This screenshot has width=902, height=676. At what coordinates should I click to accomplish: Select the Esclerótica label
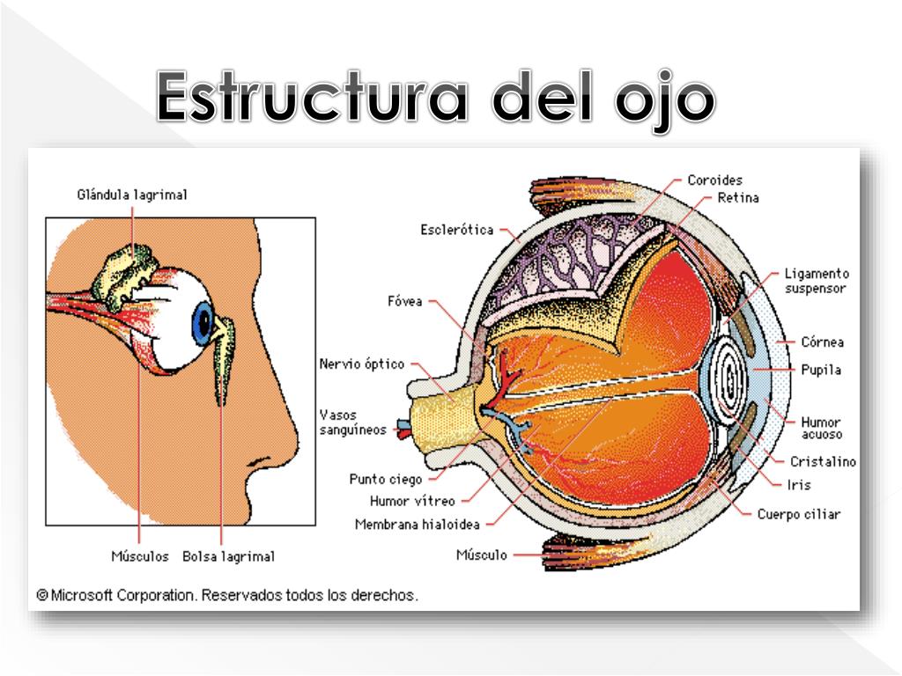coord(456,231)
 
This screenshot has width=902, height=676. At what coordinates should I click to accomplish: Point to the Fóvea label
coord(405,301)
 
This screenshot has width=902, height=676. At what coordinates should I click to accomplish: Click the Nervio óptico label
coord(362,364)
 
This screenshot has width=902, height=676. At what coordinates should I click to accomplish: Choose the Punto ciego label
coord(385,480)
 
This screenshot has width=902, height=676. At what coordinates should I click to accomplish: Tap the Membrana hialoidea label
coord(417,525)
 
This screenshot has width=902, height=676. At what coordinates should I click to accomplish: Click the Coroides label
coord(715,180)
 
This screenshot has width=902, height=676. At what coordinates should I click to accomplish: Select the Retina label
coord(738,198)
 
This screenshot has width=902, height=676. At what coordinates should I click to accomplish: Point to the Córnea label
coord(823,342)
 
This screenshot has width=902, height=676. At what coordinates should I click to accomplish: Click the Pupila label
coord(821,370)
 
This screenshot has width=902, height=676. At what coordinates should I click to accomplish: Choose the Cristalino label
coord(823,461)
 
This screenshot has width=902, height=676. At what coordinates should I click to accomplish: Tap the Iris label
coord(800,485)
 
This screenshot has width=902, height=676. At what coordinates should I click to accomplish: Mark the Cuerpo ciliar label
coord(799,514)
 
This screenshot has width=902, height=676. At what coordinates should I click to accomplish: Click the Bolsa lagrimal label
coord(228,556)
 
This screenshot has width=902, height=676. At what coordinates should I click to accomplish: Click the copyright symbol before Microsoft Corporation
coord(41,595)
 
